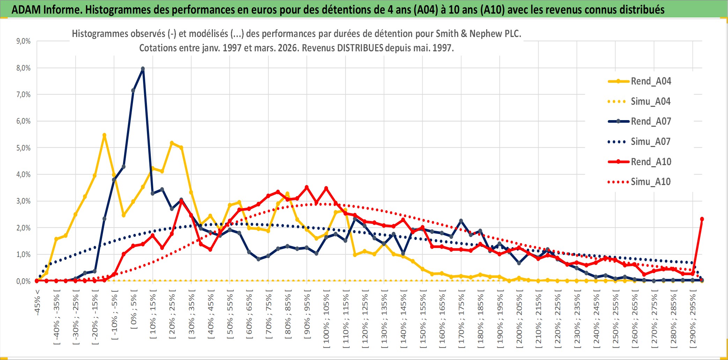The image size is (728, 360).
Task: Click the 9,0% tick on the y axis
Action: pos(23,41)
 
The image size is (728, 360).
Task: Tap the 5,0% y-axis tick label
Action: pos(23,148)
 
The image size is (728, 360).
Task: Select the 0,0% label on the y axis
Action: pos(23,281)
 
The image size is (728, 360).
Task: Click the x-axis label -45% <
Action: pos(37,302)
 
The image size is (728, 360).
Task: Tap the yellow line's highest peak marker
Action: pos(104,135)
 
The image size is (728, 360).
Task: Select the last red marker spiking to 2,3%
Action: pos(702,219)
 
